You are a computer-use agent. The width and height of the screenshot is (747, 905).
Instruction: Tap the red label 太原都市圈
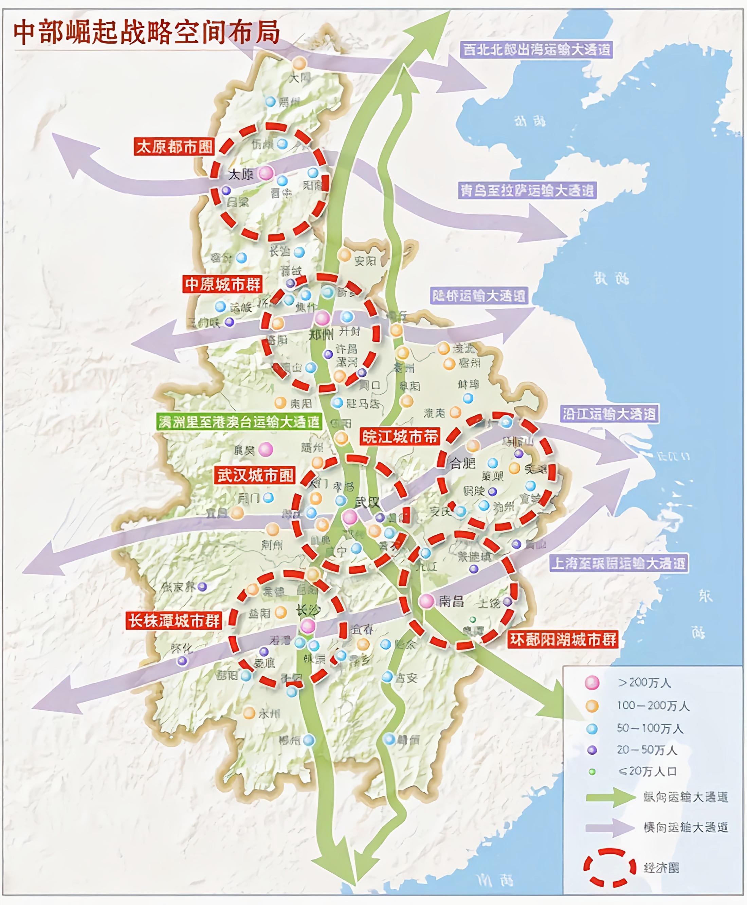coord(174,147)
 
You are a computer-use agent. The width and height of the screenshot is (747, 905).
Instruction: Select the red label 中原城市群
coord(222,284)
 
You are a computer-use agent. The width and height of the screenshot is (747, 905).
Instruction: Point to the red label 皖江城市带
coord(400,437)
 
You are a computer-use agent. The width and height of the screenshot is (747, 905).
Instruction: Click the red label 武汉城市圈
coord(255,475)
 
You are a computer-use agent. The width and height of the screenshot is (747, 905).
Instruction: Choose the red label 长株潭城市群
coord(174,621)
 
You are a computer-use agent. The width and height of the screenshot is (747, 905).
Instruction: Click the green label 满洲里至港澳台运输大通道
coord(239,422)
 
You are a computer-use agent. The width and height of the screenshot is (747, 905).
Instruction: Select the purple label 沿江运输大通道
coord(609,414)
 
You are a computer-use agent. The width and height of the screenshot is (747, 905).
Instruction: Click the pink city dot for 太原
coord(266,173)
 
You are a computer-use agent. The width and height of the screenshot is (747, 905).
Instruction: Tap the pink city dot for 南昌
coord(426,601)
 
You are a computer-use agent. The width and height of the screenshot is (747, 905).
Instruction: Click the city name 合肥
coord(462,463)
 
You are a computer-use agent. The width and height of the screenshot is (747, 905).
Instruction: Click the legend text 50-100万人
coord(650,728)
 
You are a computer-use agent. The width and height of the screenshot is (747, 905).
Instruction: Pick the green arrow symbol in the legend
coord(611,797)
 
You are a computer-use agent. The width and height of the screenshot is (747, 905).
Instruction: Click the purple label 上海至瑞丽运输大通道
coord(618,563)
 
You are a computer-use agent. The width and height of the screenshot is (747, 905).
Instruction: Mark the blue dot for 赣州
coord(389,739)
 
